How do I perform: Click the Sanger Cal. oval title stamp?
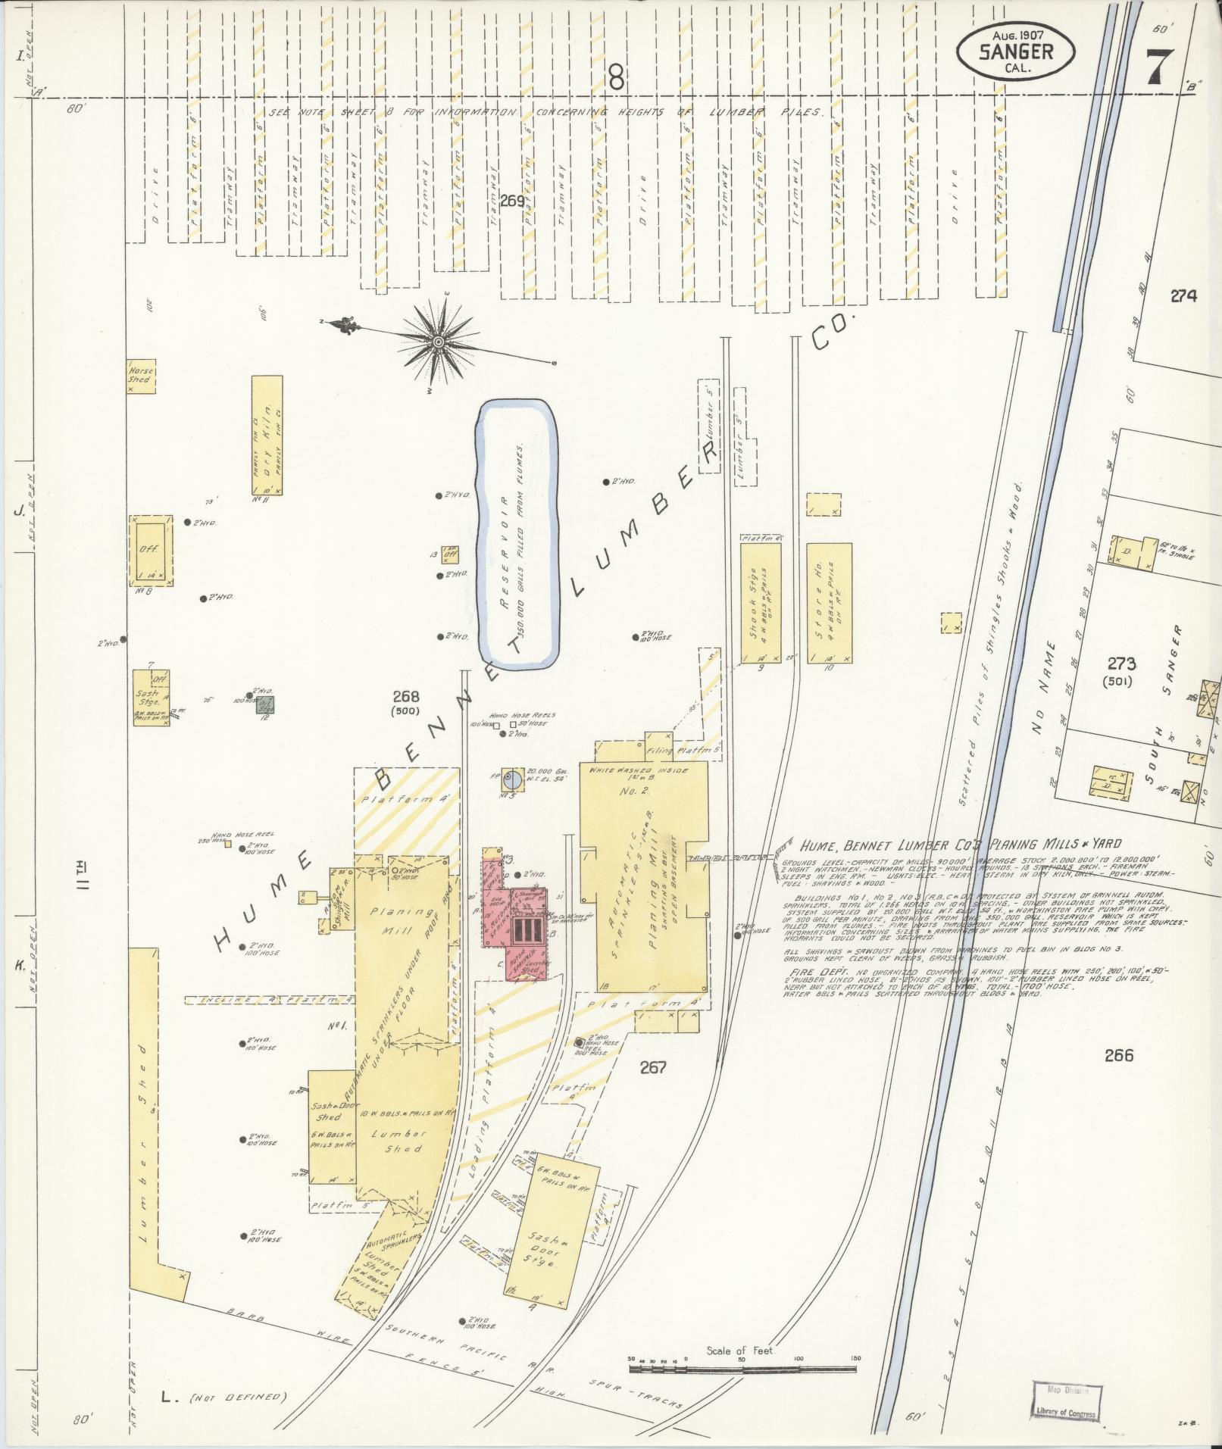(1016, 51)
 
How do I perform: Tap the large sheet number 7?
(1158, 66)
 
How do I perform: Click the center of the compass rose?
(438, 343)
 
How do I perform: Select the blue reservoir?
(518, 534)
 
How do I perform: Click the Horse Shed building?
(141, 375)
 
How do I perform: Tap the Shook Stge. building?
(760, 604)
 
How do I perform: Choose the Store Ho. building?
(828, 604)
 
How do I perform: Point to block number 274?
(1183, 297)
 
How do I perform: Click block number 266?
(1118, 1054)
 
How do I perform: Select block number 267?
(652, 1067)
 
